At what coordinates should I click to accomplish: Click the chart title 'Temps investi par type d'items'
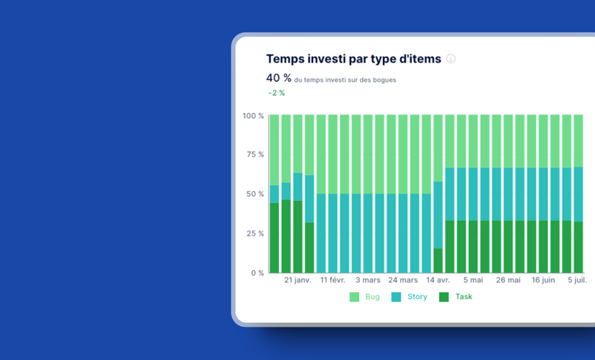353,59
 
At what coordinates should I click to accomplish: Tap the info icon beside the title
451,59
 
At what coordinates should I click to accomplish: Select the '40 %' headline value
279,78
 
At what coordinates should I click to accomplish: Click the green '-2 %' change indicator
277,93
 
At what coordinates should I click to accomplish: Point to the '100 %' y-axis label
253,116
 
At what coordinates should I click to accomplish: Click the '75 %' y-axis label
255,155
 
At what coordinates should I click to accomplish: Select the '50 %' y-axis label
255,194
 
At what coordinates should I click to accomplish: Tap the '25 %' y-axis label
255,234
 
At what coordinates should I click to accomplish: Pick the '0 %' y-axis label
257,273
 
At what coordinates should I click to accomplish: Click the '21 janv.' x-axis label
297,280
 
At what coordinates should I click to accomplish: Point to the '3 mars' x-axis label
368,280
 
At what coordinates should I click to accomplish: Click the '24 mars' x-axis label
403,280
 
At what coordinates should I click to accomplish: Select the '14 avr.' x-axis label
438,280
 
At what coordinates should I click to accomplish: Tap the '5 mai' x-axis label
473,280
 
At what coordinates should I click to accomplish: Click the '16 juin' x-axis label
543,280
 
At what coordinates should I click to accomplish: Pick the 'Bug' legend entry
364,297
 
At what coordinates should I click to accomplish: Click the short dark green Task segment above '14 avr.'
438,260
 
